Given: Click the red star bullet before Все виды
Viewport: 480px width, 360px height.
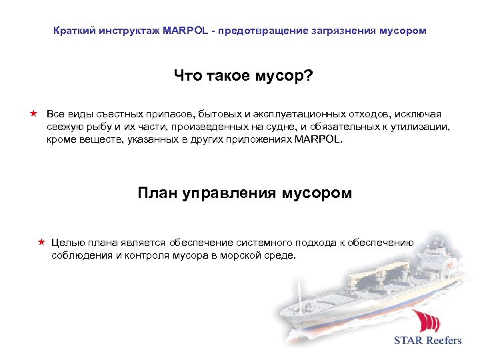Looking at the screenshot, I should (x=33, y=114).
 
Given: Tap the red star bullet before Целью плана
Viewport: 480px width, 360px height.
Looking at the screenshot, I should (x=41, y=243).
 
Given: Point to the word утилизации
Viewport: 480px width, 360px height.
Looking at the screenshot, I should (x=421, y=127).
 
